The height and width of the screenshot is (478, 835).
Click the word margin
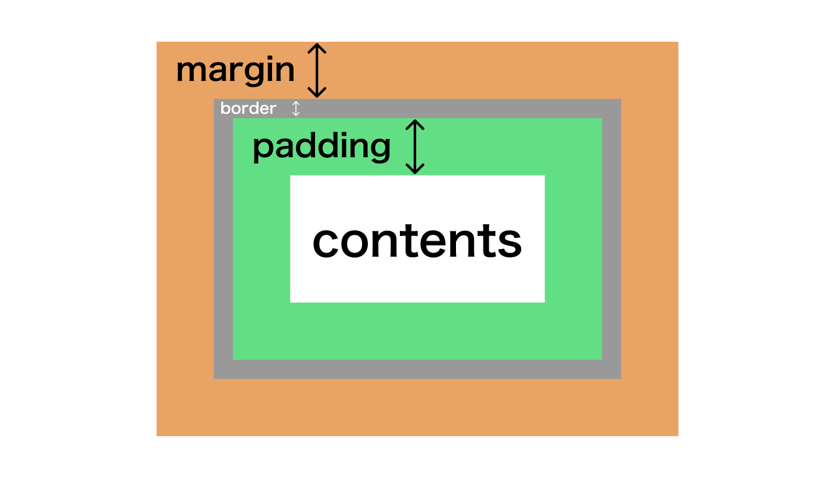tap(235, 71)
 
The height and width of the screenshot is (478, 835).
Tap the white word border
tap(249, 108)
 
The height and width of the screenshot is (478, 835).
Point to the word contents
tap(417, 241)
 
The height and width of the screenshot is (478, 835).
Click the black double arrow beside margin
tap(317, 70)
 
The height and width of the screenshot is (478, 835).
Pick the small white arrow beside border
tap(296, 108)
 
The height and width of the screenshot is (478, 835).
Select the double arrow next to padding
tap(415, 147)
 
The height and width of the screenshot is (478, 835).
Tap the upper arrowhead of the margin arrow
tap(317, 48)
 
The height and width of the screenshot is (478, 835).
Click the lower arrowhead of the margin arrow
tap(317, 93)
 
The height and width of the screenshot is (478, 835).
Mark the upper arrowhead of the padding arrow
tap(415, 124)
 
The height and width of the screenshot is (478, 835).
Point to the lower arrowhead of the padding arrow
tap(415, 169)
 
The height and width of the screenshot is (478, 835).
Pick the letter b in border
tap(225, 108)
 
